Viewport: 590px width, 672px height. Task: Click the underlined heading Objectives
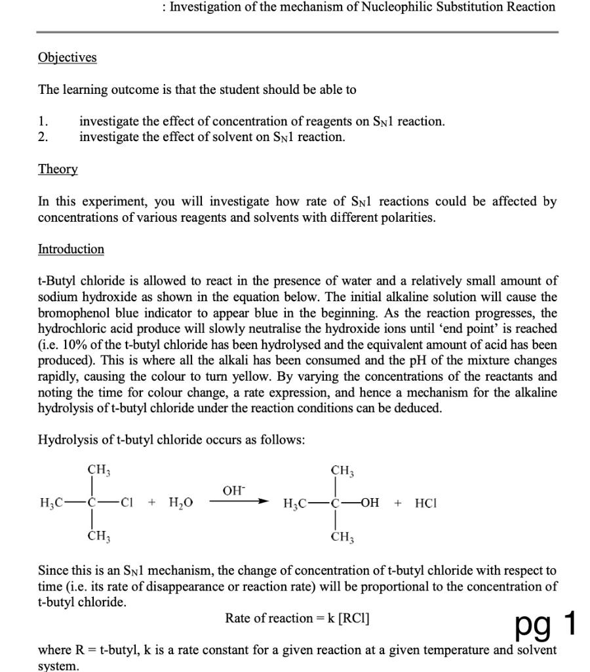[x=68, y=58]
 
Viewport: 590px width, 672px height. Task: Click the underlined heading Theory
[x=58, y=169]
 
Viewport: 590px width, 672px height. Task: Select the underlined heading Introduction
[x=71, y=249]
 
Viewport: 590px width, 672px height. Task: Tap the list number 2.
[x=43, y=137]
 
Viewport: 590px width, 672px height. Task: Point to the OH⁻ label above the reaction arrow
[x=234, y=490]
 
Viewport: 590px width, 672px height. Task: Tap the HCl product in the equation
[x=425, y=503]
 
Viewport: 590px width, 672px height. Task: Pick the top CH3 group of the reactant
[x=99, y=470]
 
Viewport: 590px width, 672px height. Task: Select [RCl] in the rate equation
[x=353, y=618]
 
